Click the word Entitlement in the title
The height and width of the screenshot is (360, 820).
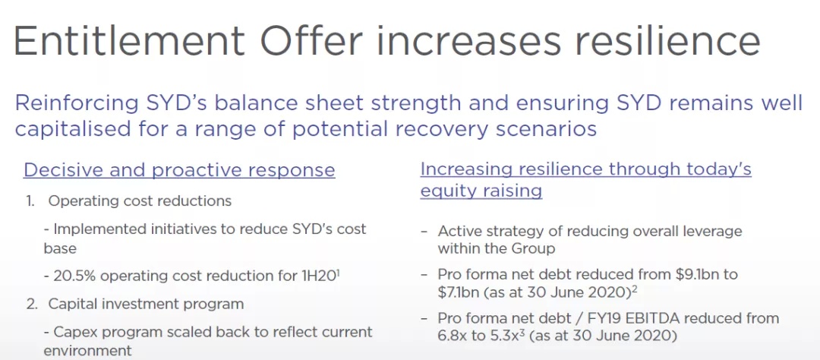point(130,40)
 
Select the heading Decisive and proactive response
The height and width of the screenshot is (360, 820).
point(179,171)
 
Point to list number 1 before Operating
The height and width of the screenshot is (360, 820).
point(30,201)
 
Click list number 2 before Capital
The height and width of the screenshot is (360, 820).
point(31,304)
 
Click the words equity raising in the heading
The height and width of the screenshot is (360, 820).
point(481,191)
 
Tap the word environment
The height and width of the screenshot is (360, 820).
point(88,351)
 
